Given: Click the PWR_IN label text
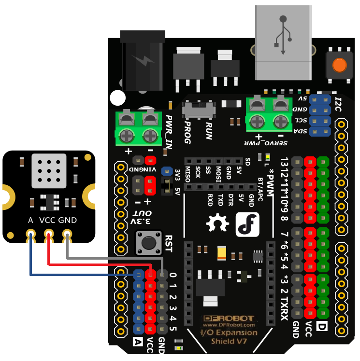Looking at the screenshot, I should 169,131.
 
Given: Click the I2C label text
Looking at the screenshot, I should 339,104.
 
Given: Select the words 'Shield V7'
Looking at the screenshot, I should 229,342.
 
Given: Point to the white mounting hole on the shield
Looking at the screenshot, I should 117,98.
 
